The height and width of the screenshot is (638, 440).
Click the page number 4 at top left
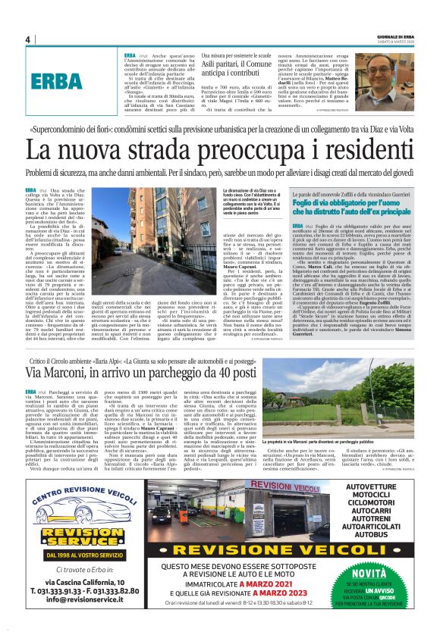tap(27, 40)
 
